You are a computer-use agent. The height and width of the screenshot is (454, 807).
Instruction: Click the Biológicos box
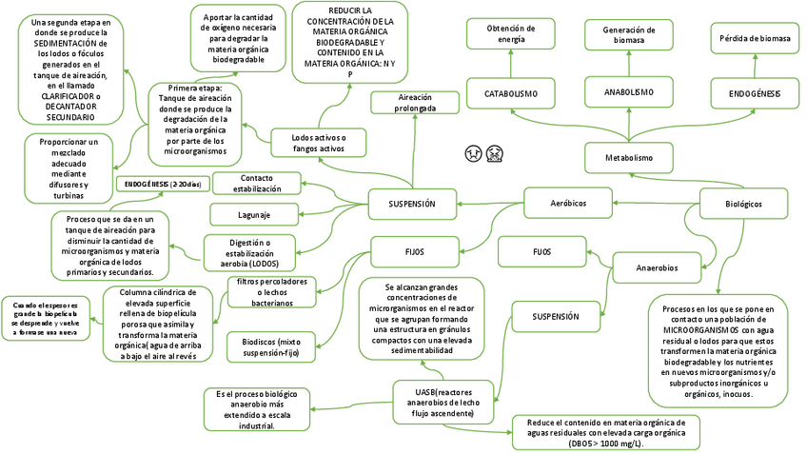coord(744,204)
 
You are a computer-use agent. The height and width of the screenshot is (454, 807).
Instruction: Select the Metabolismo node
coord(630,157)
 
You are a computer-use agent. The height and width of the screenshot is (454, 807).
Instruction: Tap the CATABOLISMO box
coord(511,94)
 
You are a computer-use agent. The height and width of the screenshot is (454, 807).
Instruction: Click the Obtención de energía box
coord(511,33)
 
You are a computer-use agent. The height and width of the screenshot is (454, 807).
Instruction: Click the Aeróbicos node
coord(568,204)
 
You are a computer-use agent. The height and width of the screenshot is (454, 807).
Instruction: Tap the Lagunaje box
coord(255,213)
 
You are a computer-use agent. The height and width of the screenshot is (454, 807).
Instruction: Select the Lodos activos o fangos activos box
coord(319,144)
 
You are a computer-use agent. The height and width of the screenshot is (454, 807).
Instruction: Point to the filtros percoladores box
coord(274,291)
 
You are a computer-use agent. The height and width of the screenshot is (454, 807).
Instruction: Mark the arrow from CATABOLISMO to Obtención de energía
coord(511,64)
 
